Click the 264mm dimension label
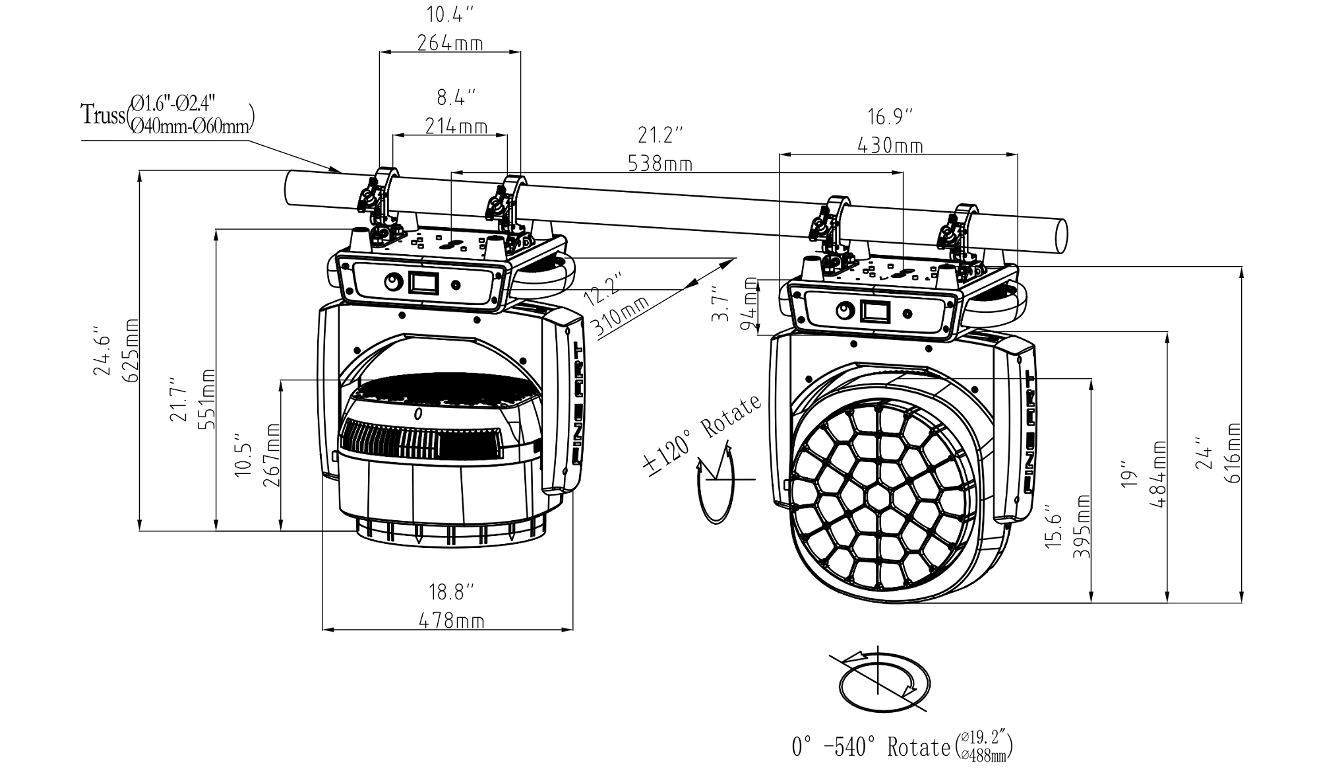pos(450,44)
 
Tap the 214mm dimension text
pos(456,126)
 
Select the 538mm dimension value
pos(660,163)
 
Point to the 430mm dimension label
pos(890,145)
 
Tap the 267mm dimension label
pos(272,455)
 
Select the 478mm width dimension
pos(451,620)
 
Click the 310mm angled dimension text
pos(621,316)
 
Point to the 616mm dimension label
pos(1232,453)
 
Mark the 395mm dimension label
pos(1081,526)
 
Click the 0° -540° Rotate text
pos(871,747)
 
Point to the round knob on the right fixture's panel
pos(844,310)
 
